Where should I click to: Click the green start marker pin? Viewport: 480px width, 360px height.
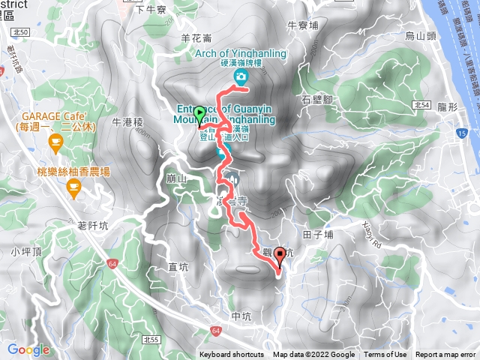point(199,115)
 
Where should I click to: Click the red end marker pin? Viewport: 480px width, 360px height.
point(280,256)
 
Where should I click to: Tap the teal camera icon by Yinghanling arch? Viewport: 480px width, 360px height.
point(240,77)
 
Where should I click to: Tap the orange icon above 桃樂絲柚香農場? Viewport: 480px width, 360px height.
point(73,187)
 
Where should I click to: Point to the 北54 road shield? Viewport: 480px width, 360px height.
point(421,106)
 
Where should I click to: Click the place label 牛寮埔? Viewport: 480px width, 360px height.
point(303,25)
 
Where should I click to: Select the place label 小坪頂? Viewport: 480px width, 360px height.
point(25,252)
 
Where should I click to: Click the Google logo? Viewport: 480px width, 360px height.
point(28,349)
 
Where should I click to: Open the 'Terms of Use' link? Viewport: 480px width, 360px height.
point(385,355)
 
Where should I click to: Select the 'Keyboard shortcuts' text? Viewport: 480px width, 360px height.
point(232,355)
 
